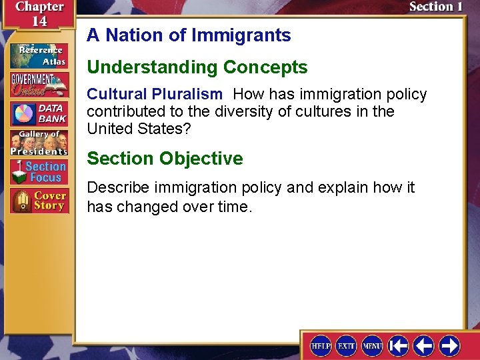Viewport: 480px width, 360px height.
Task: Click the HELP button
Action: tap(321, 345)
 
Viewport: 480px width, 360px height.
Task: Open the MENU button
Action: tap(372, 345)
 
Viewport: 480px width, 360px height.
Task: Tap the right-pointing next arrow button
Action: tap(450, 345)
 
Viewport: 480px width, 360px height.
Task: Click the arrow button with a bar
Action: tap(399, 345)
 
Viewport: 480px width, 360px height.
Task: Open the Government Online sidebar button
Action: tap(39, 85)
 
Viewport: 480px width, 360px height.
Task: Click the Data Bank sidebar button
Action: tap(39, 114)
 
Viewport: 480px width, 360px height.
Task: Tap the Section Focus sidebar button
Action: tap(39, 172)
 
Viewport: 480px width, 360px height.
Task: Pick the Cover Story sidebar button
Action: tap(39, 201)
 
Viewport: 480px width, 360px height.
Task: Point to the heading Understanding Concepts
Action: tap(197, 67)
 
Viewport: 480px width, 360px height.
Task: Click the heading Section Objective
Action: tap(165, 159)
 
